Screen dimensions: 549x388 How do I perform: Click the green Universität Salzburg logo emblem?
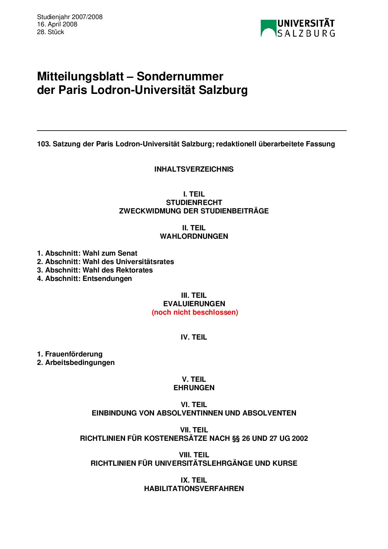tap(268, 28)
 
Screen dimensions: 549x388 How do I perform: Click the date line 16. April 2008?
tap(57, 24)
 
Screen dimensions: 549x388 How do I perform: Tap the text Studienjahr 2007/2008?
tap(70, 17)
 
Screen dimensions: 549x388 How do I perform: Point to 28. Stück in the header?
tap(51, 32)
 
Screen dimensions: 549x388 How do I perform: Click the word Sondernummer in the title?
tap(180, 76)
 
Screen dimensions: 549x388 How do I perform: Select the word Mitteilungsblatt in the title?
tap(80, 76)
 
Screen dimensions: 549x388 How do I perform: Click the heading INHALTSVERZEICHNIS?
tap(194, 169)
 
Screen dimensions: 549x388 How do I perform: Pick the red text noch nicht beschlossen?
tap(195, 312)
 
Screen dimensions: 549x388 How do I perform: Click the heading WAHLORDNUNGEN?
tap(194, 236)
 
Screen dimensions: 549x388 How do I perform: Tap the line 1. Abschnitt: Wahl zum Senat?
tap(87, 253)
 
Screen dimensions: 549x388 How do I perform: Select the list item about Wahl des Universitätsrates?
tap(105, 261)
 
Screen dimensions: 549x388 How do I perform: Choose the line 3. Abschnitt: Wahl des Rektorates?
tap(95, 270)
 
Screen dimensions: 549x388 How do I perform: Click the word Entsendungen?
tap(107, 278)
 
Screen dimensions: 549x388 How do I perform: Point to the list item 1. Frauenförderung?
tap(70, 354)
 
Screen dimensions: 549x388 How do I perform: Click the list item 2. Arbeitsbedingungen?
tap(76, 362)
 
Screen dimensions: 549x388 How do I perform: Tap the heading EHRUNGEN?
tap(194, 388)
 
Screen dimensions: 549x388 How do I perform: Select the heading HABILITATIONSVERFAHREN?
tap(194, 488)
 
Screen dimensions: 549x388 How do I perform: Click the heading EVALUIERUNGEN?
tap(194, 304)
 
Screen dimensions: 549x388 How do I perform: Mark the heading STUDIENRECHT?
tap(194, 202)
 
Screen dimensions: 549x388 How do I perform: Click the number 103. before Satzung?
tap(44, 144)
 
